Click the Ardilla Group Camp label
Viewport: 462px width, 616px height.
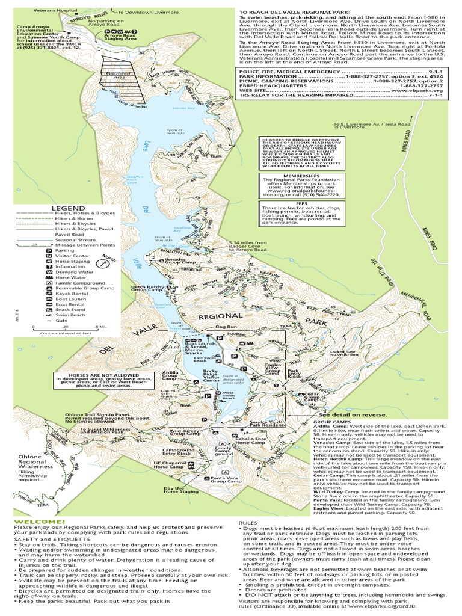coord(169,376)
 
